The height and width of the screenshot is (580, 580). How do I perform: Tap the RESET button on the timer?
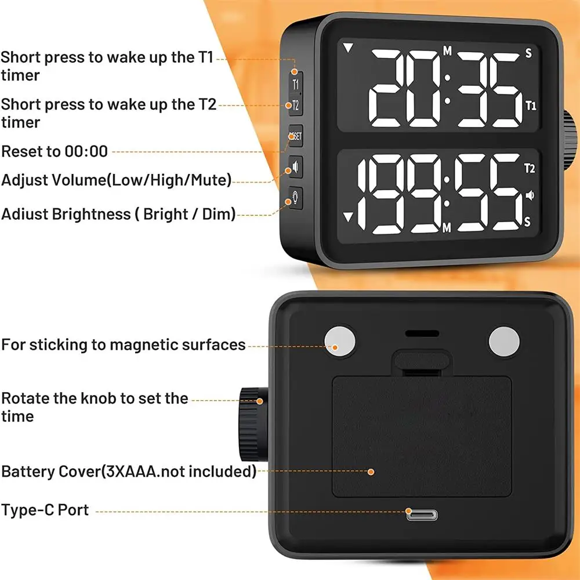point(295,136)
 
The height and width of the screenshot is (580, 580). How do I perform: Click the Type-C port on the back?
point(422,514)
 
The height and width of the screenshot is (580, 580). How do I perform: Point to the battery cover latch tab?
point(422,362)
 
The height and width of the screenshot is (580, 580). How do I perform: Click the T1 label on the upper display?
point(530,106)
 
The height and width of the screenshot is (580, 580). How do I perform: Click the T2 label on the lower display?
point(529,169)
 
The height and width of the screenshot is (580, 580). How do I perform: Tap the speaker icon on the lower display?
point(529,195)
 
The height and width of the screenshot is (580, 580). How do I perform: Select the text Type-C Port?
point(45,510)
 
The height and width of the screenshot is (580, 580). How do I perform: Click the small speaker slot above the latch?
point(422,335)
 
